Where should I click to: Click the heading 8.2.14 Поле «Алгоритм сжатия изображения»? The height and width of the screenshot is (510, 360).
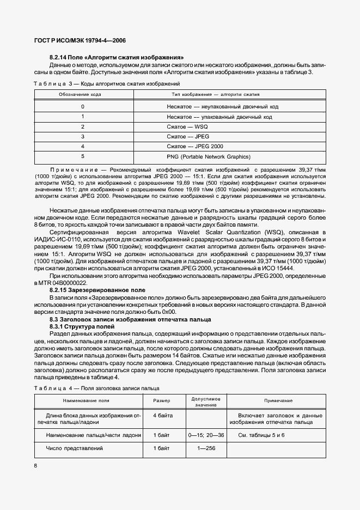coord(117,57)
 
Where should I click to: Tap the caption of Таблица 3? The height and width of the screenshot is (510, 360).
coord(107,83)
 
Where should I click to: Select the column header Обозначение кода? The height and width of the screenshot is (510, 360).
coord(80,95)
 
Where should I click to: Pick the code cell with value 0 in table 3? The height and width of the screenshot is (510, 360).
coord(83,107)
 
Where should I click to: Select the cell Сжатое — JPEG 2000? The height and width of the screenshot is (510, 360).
coord(194,146)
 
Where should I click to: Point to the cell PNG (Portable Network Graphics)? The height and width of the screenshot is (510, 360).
coord(209,156)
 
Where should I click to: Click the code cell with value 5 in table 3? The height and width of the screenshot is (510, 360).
coord(83,156)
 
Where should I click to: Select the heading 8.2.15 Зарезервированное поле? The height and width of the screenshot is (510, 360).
coord(97,291)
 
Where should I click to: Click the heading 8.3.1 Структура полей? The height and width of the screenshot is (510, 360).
coord(82,326)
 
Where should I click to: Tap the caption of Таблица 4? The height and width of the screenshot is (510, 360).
coord(96,388)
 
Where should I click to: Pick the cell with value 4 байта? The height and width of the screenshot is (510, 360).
coord(163,415)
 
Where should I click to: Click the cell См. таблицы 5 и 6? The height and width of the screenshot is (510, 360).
coord(261,435)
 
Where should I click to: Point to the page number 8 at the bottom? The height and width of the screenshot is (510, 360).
coord(35,466)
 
